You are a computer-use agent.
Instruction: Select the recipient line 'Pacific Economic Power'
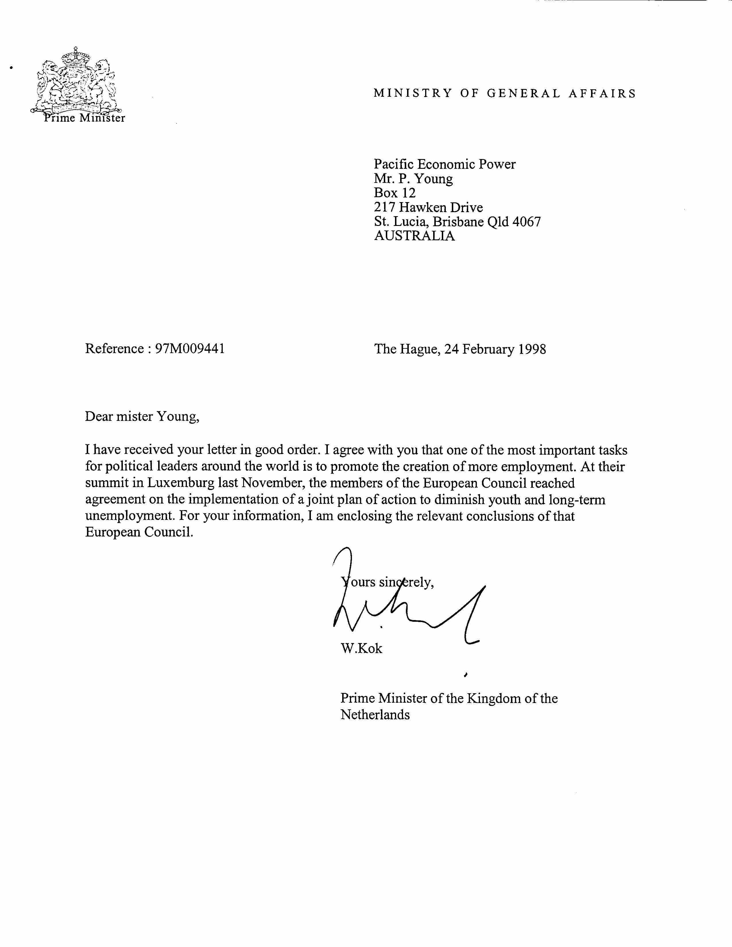[x=444, y=164]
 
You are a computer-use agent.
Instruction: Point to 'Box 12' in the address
[x=395, y=193]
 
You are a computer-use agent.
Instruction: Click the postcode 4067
[x=526, y=222]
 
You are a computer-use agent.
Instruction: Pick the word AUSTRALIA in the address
[x=414, y=236]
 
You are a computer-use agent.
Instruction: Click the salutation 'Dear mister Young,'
[x=142, y=417]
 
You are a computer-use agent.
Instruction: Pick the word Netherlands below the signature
[x=375, y=714]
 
